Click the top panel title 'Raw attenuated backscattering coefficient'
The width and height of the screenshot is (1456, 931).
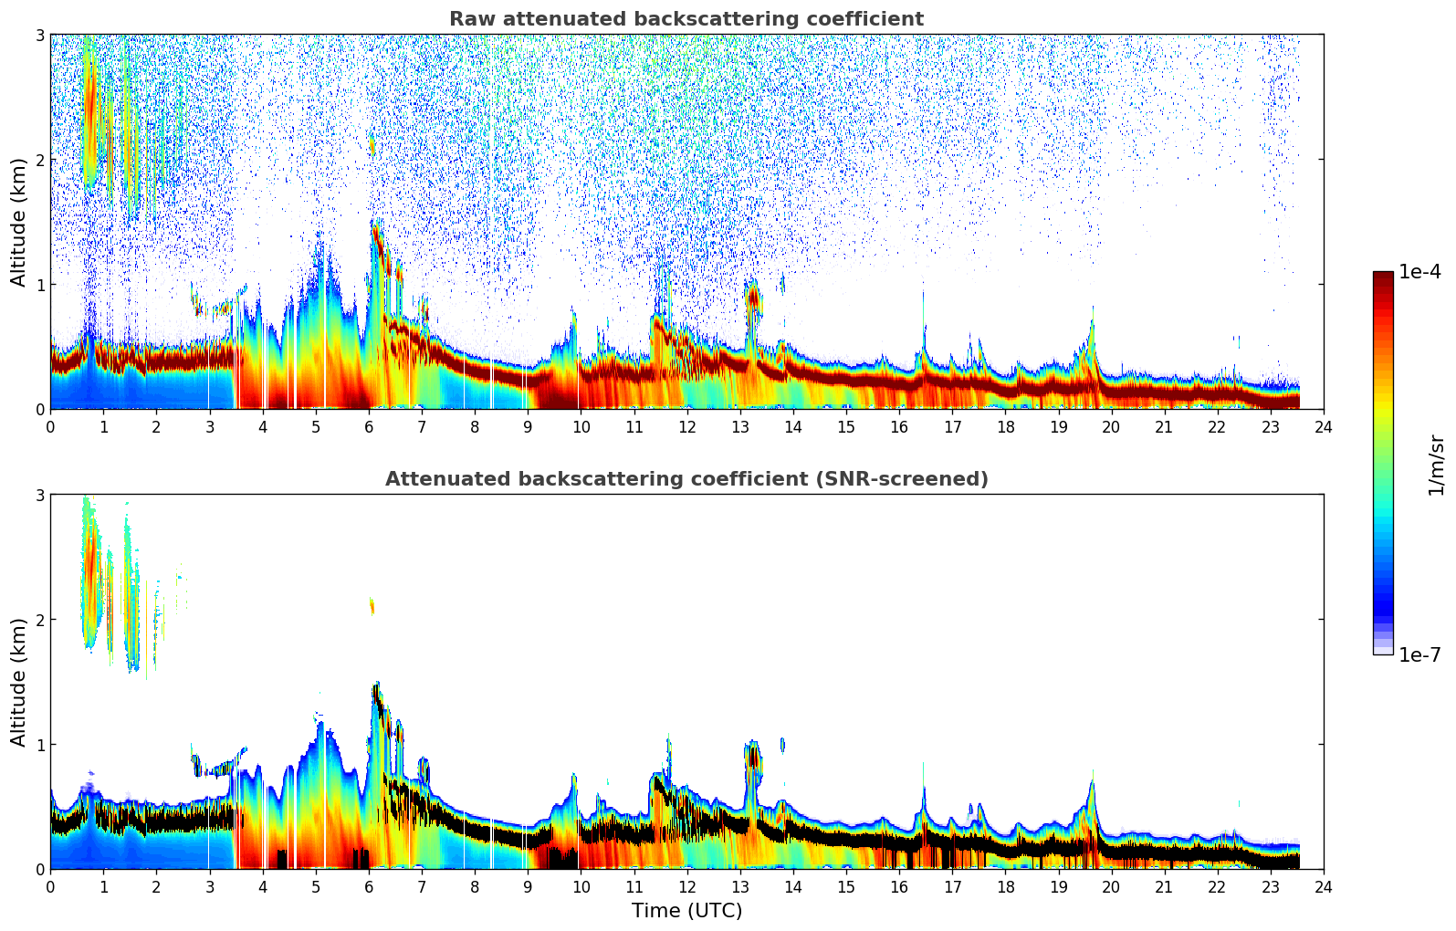pyautogui.click(x=686, y=19)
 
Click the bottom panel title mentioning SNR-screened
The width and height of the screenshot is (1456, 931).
pyautogui.click(x=686, y=479)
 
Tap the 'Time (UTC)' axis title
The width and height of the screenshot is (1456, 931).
pyautogui.click(x=686, y=911)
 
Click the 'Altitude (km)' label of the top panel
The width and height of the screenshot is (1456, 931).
pyautogui.click(x=19, y=222)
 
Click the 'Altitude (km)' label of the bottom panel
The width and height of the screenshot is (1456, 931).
pyautogui.click(x=19, y=682)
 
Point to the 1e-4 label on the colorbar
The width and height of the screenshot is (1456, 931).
pyautogui.click(x=1419, y=272)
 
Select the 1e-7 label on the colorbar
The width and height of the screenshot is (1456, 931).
pyautogui.click(x=1419, y=654)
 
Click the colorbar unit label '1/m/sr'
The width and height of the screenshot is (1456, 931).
pyautogui.click(x=1436, y=465)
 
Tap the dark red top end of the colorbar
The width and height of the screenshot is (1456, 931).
pyautogui.click(x=1383, y=277)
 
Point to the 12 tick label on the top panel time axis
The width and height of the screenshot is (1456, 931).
pyautogui.click(x=686, y=427)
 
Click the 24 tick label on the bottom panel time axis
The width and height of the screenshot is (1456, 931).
pyautogui.click(x=1324, y=887)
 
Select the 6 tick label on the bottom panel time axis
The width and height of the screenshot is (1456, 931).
pyautogui.click(x=369, y=887)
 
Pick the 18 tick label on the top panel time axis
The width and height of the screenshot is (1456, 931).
pyautogui.click(x=1005, y=427)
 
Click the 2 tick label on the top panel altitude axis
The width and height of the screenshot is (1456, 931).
pyautogui.click(x=39, y=160)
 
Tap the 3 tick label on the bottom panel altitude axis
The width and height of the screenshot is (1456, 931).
pyautogui.click(x=39, y=495)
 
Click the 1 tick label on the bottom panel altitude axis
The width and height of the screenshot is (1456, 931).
pyautogui.click(x=39, y=745)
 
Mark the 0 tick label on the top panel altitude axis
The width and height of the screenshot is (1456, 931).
pyautogui.click(x=39, y=410)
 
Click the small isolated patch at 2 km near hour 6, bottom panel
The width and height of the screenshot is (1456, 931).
pyautogui.click(x=372, y=605)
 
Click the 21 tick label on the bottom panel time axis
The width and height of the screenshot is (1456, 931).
pyautogui.click(x=1164, y=887)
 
